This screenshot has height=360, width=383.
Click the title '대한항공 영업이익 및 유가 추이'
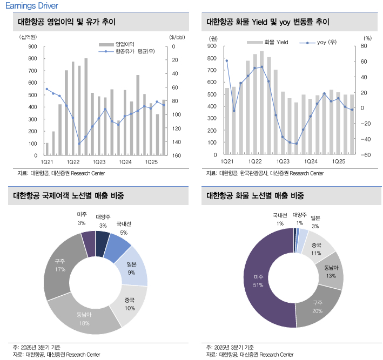click(66, 22)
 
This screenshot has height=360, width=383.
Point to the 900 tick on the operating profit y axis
click(33, 46)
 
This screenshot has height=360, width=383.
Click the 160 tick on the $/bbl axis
click(175, 155)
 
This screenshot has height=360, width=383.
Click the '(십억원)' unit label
click(28, 37)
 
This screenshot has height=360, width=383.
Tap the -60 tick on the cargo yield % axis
click(366, 155)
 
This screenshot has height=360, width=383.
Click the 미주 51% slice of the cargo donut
click(265, 281)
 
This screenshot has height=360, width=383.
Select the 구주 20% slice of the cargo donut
click(319, 308)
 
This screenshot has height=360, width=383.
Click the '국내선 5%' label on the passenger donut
click(123, 228)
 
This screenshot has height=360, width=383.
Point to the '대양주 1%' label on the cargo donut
click(299, 219)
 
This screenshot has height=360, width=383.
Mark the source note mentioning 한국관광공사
click(265, 173)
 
